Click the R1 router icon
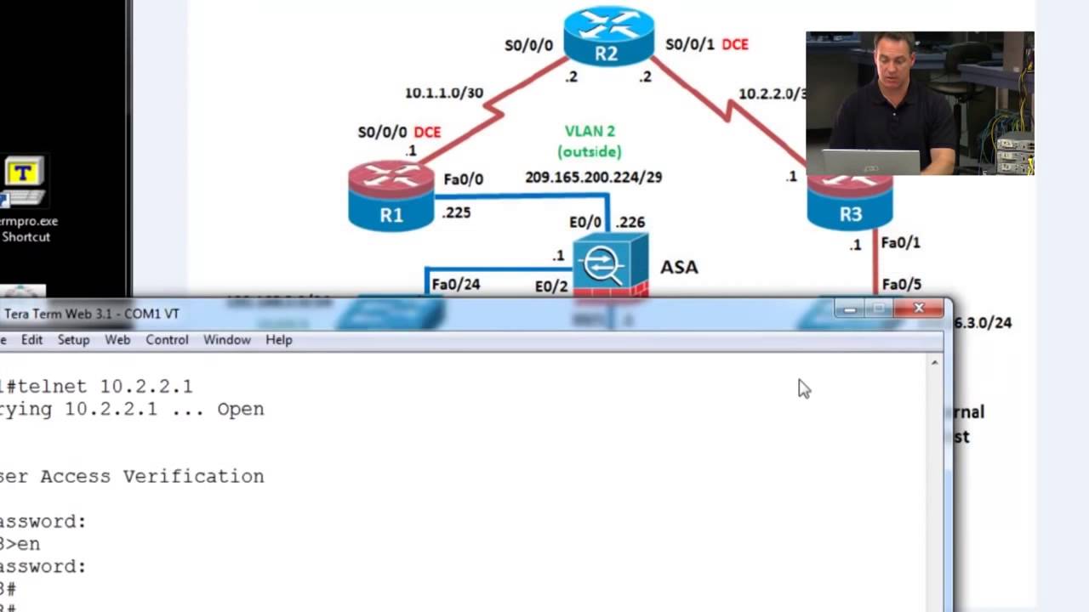(x=391, y=196)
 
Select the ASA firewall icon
(x=610, y=265)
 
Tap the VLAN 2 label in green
(x=590, y=131)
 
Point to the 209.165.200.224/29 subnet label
(x=593, y=177)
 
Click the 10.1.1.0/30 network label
(x=443, y=93)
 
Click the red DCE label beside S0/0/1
(x=735, y=44)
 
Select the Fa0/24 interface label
(x=455, y=284)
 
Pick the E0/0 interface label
(x=584, y=222)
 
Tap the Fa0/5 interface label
(x=901, y=284)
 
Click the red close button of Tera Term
(x=919, y=309)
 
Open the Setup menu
(x=73, y=340)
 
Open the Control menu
(x=167, y=340)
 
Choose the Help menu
(x=279, y=340)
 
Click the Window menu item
(x=226, y=340)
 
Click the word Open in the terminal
(x=241, y=409)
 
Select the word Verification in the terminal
(x=193, y=476)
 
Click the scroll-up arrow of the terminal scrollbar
(x=934, y=363)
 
